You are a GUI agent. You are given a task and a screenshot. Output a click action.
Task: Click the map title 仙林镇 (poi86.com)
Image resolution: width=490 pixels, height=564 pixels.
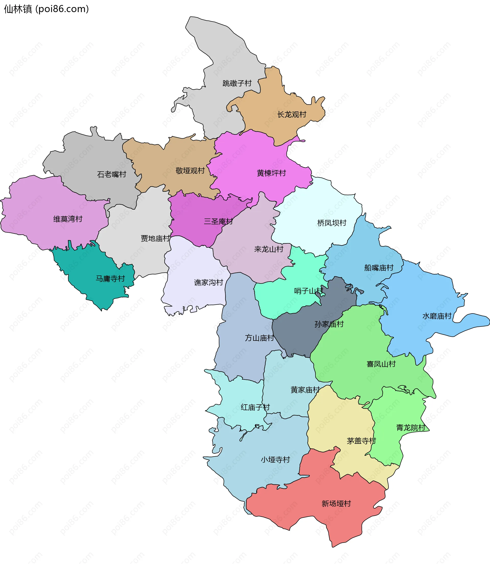(x=46, y=9)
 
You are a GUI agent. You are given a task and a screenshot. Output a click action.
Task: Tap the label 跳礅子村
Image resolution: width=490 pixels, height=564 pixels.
(x=237, y=83)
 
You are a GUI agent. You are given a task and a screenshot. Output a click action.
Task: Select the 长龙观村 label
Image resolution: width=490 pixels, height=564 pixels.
(x=292, y=115)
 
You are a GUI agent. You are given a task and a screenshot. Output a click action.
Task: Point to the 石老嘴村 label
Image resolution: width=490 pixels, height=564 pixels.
(x=112, y=174)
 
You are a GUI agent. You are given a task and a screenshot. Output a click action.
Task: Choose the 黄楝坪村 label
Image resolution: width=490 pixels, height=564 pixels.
(x=271, y=173)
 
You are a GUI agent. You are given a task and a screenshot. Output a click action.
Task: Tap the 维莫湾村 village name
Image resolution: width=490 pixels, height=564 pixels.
(x=68, y=219)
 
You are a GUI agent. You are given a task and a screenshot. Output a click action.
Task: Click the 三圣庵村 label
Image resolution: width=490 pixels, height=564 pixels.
(x=218, y=221)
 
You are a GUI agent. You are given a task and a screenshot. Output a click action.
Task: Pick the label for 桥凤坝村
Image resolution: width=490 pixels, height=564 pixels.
(x=332, y=223)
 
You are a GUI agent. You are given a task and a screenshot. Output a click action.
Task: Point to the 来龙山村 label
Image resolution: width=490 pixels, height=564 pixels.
(x=268, y=249)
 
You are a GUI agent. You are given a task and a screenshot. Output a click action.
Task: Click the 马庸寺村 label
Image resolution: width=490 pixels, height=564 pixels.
(x=110, y=279)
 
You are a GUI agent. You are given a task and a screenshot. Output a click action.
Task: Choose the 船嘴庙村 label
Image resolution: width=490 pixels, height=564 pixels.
(x=379, y=268)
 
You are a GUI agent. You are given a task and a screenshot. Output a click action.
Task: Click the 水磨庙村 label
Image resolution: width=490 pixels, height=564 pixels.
(x=437, y=316)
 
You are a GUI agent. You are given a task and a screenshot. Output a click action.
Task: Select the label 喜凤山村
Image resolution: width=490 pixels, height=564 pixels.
(x=381, y=364)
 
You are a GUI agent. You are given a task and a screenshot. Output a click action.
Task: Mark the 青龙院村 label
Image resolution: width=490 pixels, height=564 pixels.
(x=411, y=428)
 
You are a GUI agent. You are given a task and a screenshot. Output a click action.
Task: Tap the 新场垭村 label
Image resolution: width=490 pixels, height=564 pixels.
(x=336, y=504)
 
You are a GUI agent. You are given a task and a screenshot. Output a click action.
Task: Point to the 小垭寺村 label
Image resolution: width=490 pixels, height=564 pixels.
(x=275, y=460)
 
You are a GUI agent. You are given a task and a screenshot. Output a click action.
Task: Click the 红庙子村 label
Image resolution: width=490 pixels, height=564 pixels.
(x=255, y=407)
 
